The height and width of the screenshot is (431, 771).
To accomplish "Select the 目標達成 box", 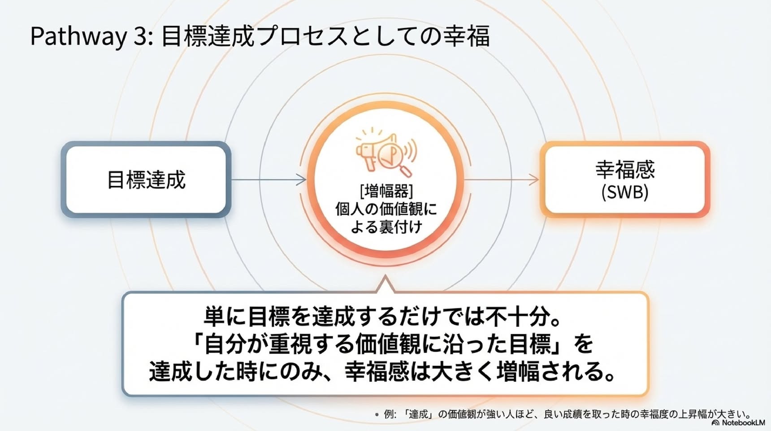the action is click(146, 180).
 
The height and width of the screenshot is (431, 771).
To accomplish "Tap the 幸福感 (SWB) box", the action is click(625, 180).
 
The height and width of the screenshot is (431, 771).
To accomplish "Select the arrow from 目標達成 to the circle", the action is click(269, 180).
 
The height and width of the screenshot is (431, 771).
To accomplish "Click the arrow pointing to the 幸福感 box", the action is click(501, 180).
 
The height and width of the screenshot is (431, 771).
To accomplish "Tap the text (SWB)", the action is click(625, 192).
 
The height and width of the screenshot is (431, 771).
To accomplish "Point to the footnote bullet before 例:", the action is click(377, 414).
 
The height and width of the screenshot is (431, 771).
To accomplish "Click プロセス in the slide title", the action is click(303, 36).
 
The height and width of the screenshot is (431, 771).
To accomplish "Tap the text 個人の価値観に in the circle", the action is click(386, 209).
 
